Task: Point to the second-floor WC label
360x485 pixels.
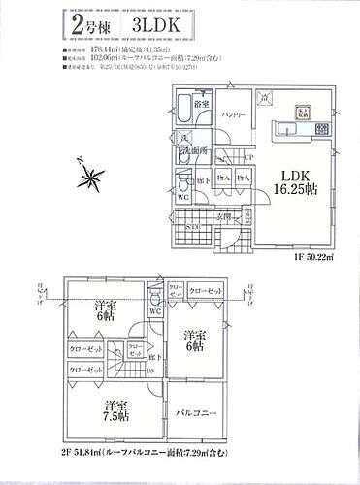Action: (155, 311)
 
